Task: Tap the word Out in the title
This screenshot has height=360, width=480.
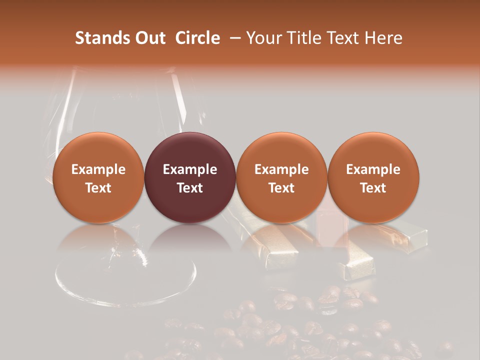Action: pyautogui.click(x=149, y=38)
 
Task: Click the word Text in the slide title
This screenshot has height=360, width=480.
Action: pyautogui.click(x=343, y=38)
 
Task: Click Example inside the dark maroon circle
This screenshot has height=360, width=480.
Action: pyautogui.click(x=190, y=169)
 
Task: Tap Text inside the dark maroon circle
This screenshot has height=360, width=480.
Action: pyautogui.click(x=190, y=188)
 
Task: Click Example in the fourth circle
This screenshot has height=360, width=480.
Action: pyautogui.click(x=373, y=169)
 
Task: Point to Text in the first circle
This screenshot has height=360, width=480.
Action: pyautogui.click(x=98, y=188)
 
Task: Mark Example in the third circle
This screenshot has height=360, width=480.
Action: pyautogui.click(x=281, y=169)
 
